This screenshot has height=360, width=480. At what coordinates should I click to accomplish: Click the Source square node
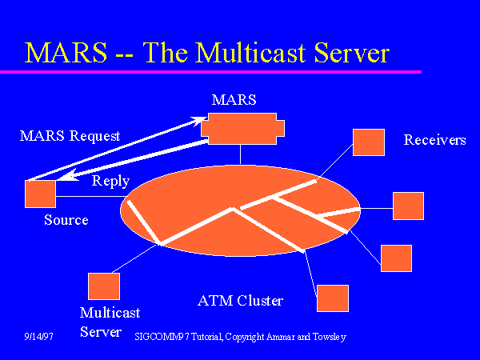(x=41, y=194)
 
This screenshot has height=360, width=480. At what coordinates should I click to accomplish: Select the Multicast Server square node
(x=104, y=286)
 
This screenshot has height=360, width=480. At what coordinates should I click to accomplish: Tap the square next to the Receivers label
(x=369, y=142)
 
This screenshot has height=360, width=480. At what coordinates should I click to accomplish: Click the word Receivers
(x=434, y=140)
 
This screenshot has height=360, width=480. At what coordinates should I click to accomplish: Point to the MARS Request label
(x=70, y=136)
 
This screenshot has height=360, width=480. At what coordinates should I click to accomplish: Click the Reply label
(x=110, y=181)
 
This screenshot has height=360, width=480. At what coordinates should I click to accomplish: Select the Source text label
(x=66, y=220)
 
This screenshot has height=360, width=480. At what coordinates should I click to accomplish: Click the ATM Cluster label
(x=240, y=301)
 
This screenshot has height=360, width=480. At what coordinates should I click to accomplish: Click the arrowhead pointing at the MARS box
(x=198, y=121)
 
